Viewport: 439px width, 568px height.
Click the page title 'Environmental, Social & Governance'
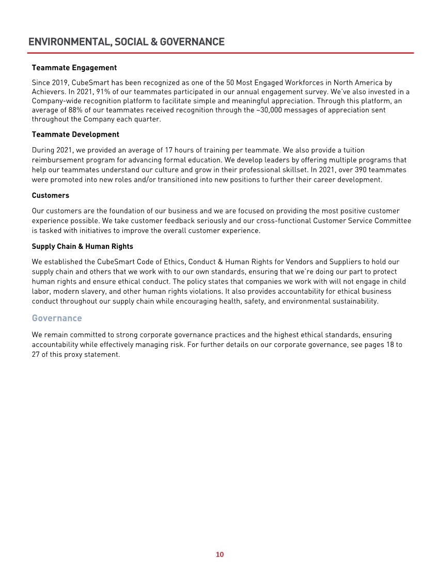127,42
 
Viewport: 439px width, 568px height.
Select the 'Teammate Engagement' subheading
74,68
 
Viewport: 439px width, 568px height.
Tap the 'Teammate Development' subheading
75,134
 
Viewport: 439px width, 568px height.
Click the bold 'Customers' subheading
51,195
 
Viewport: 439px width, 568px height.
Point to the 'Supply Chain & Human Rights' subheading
83,246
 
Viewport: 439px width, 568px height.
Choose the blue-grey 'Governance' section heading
57,318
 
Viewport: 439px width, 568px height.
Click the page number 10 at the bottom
219,555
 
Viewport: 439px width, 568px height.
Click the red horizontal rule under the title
221,53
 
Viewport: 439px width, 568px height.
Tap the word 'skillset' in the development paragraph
298,169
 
